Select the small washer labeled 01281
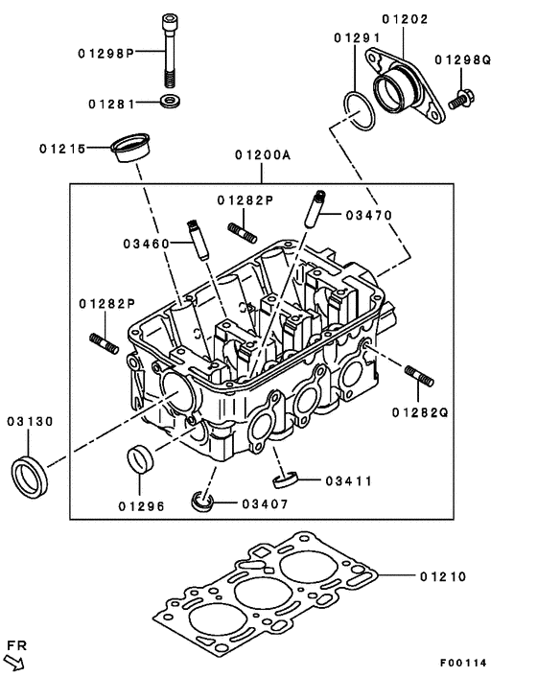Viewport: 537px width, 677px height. [x=170, y=101]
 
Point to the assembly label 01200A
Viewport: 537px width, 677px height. [x=260, y=154]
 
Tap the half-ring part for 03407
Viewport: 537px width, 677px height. [x=203, y=501]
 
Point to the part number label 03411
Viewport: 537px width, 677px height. [x=346, y=479]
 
